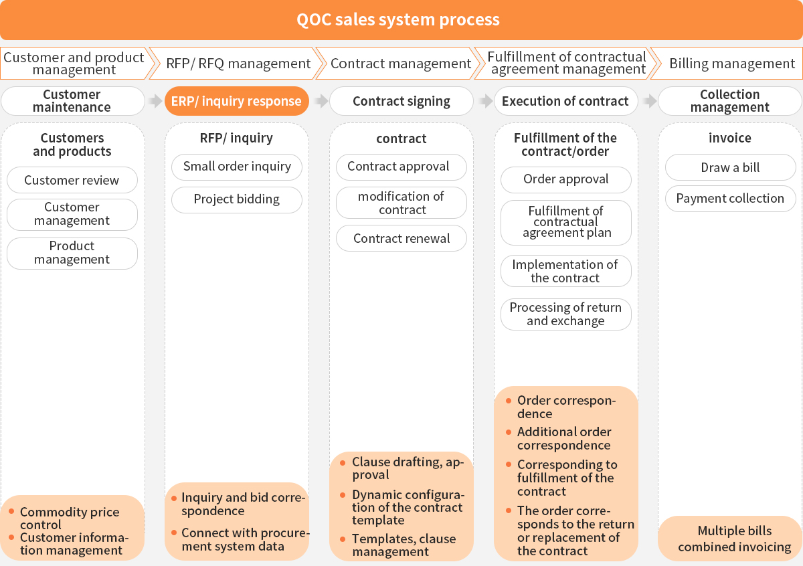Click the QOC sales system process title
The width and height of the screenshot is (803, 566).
(399, 19)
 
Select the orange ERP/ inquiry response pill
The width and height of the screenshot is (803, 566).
(236, 102)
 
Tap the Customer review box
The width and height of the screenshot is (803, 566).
(72, 180)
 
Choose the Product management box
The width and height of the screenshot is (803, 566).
(72, 253)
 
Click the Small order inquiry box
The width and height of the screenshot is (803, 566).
(237, 167)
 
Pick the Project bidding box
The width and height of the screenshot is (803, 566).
(237, 199)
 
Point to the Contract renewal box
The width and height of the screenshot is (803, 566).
(401, 238)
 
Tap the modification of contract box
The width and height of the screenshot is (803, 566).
(401, 203)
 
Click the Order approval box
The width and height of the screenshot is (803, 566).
(566, 179)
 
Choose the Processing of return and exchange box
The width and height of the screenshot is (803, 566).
(566, 314)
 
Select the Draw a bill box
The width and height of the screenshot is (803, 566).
(730, 167)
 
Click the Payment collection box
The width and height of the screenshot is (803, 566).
(730, 199)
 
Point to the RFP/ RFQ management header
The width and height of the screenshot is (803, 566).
(238, 64)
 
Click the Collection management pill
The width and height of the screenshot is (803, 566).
(729, 101)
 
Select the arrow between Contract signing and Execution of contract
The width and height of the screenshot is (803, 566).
(485, 102)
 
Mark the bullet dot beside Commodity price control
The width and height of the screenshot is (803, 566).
(11, 512)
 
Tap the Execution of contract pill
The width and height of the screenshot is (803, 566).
(565, 102)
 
